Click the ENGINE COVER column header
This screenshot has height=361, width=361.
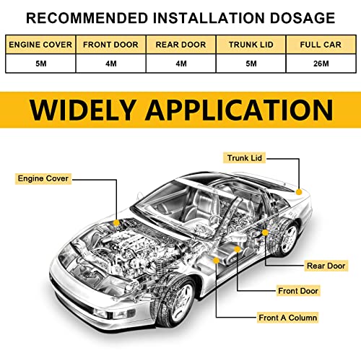point(40,45)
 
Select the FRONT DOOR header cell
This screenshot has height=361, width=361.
point(110,45)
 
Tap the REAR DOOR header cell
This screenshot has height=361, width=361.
point(180,45)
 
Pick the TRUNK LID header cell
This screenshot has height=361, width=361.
point(251,45)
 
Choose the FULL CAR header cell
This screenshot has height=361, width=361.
point(321,45)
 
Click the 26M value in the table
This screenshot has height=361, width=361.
point(321,64)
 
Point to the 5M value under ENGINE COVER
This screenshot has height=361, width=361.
point(41,64)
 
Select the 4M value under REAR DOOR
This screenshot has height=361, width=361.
point(181,64)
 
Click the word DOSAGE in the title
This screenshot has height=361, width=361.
point(303,18)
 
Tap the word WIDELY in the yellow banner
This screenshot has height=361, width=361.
point(82,110)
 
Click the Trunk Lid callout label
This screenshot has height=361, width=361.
point(244,158)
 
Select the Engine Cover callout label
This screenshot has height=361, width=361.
point(43,178)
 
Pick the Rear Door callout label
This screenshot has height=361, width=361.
point(326,266)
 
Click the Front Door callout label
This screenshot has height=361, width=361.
point(298,291)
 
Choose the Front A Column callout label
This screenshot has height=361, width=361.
point(287,318)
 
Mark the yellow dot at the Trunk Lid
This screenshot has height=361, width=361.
point(299,192)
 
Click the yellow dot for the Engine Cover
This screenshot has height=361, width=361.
point(116,223)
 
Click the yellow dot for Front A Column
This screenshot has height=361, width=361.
point(217,261)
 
